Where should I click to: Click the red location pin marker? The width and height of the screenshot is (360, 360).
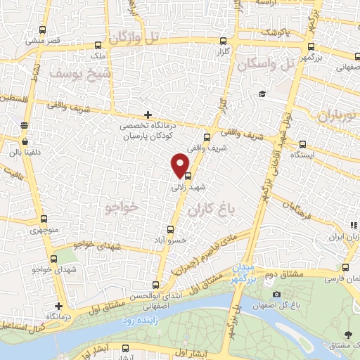(180, 165)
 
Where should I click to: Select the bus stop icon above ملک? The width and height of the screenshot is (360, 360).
(100, 43)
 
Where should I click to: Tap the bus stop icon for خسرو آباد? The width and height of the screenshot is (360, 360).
(170, 229)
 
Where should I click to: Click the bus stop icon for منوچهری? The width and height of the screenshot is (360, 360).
(44, 219)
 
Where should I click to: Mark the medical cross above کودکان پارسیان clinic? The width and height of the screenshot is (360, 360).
(147, 115)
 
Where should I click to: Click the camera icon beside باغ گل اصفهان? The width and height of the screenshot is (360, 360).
(276, 294)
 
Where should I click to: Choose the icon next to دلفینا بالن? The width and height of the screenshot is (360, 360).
(24, 126)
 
